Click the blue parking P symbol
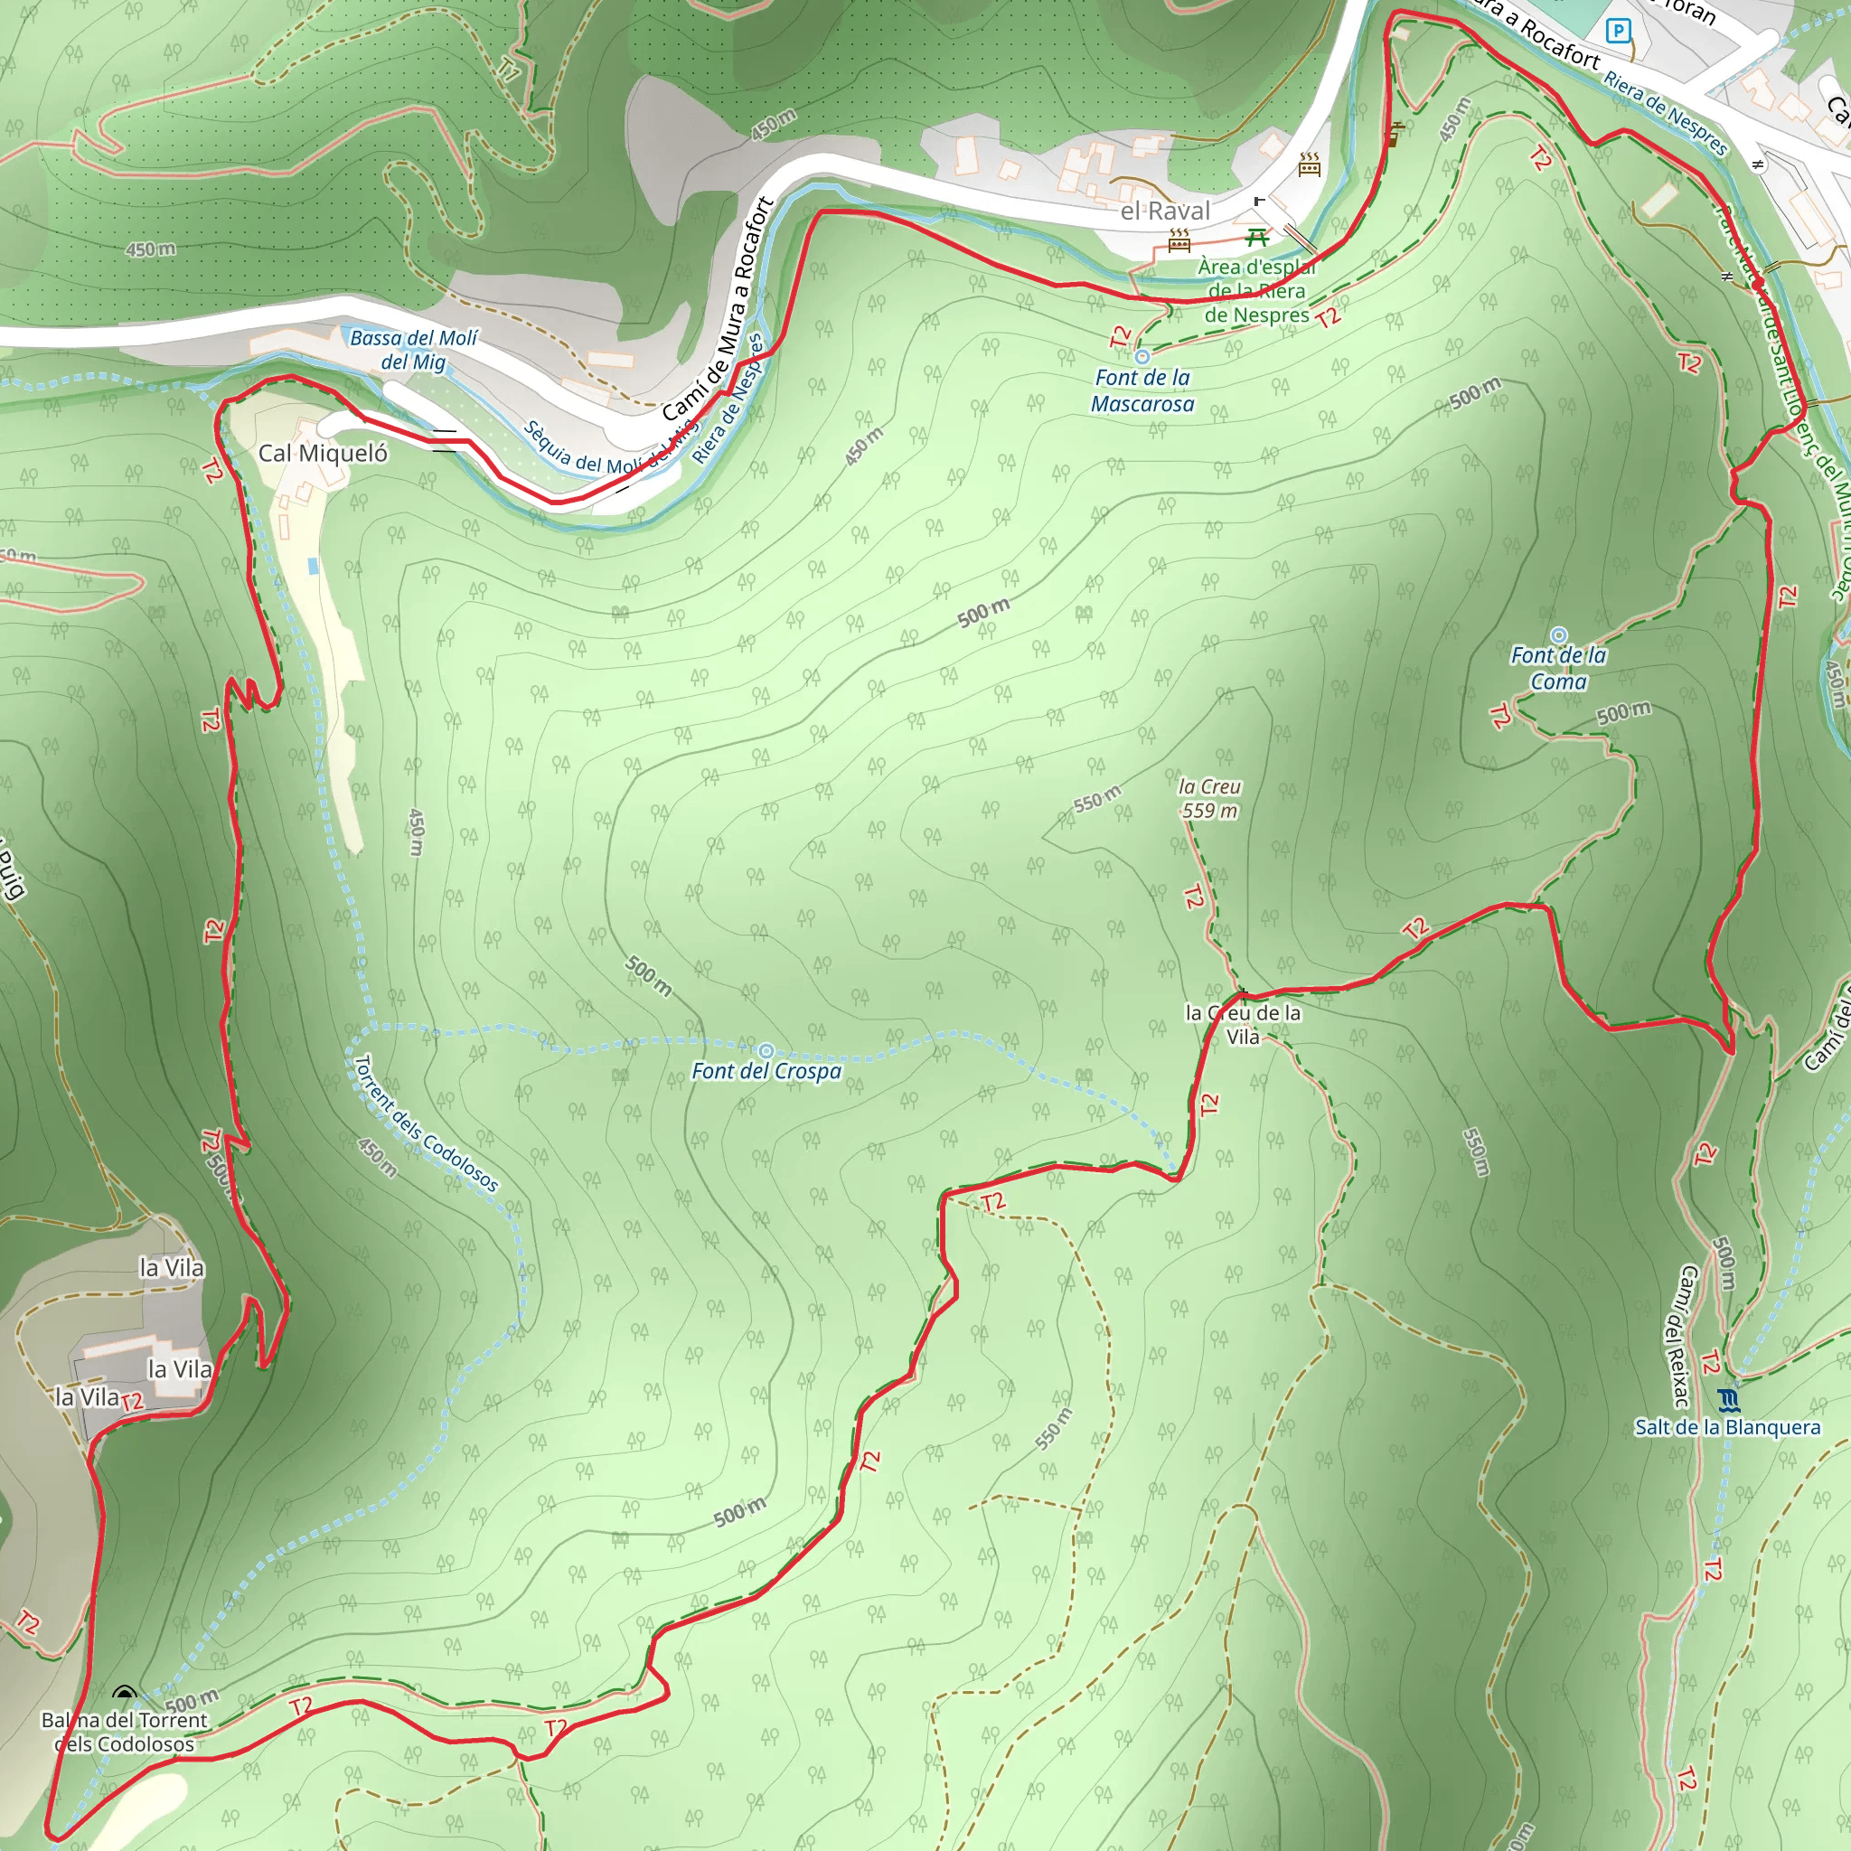pos(1618,32)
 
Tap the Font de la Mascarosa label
pos(1142,390)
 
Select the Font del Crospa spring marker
pos(766,1051)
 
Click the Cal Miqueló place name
pos(323,453)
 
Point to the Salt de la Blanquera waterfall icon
pos(1727,1401)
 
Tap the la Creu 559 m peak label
pos(1210,798)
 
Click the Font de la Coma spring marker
pos(1559,635)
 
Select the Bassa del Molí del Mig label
pos(413,350)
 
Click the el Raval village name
pos(1165,211)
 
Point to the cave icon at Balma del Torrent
pos(124,1693)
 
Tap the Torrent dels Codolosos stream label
pos(427,1123)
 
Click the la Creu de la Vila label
pos(1243,1024)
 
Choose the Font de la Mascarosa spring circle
pos(1142,356)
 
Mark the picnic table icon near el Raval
pos(1257,237)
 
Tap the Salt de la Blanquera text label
pos(1726,1427)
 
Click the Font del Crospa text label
pos(766,1071)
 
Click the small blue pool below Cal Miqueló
pos(314,566)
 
